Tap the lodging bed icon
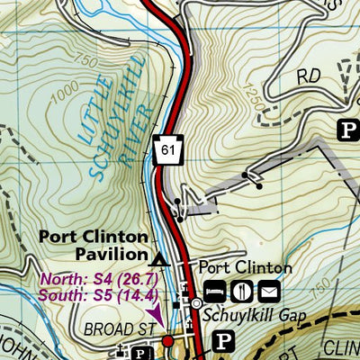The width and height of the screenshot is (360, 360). pyautogui.click(x=216, y=291)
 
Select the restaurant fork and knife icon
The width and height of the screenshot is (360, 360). pyautogui.click(x=242, y=291)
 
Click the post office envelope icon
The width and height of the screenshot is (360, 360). pyautogui.click(x=268, y=291)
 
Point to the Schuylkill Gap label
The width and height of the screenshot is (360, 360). pyautogui.click(x=255, y=316)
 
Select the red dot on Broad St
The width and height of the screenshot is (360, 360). pyautogui.click(x=167, y=341)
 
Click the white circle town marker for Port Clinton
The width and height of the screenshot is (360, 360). pyautogui.click(x=197, y=304)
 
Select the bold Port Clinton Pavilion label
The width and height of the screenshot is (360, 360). pyautogui.click(x=93, y=246)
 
